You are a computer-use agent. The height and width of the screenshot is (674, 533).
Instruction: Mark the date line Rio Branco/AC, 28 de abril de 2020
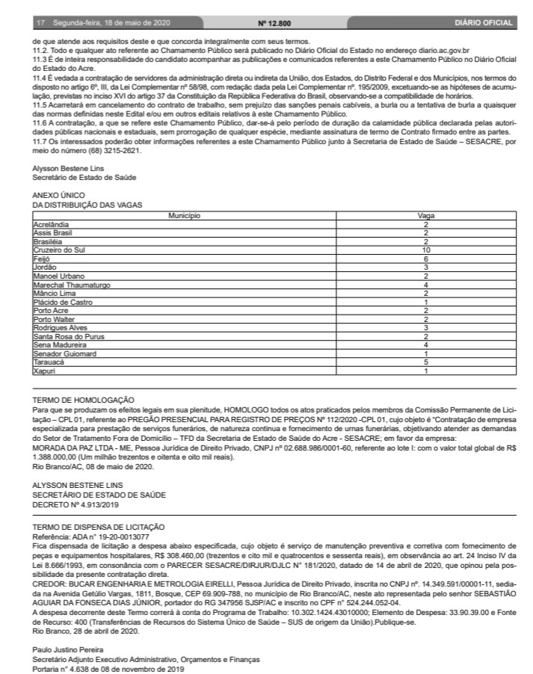click(x=80, y=630)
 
